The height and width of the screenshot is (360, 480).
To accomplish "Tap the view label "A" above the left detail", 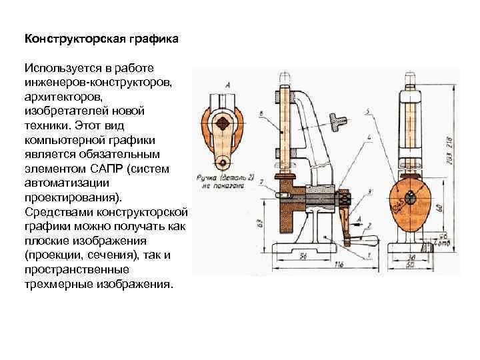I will (229, 84).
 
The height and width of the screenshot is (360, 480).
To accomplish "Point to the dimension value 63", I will (260, 222).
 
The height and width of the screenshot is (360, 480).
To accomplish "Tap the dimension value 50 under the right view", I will (411, 266).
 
